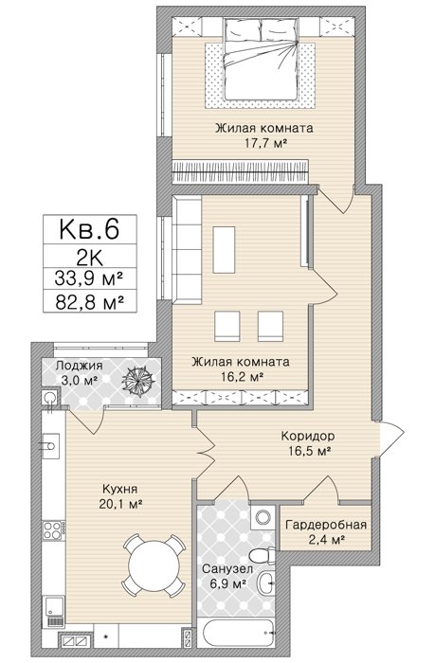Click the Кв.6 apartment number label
click(x=90, y=228)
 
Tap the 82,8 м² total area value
click(x=89, y=301)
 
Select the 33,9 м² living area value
click(x=89, y=278)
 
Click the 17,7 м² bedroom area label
click(x=264, y=143)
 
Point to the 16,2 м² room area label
click(x=241, y=376)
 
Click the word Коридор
click(x=308, y=435)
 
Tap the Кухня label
click(x=120, y=489)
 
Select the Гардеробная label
click(x=326, y=525)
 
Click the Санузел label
click(x=227, y=568)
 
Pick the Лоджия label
click(x=79, y=366)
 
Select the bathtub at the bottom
click(x=240, y=632)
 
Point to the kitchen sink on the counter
click(x=49, y=445)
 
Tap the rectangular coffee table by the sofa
click(x=224, y=250)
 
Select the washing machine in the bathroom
click(x=263, y=516)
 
